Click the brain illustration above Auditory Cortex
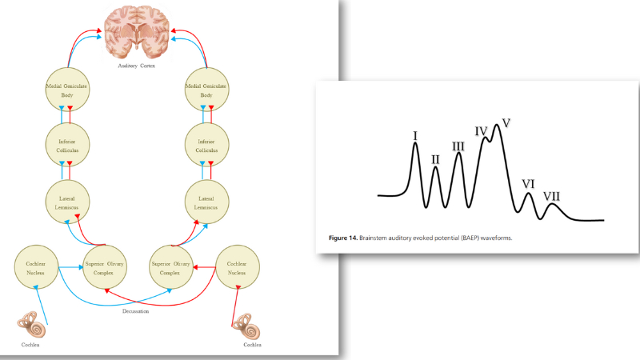(136, 32)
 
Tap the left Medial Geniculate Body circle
(67, 90)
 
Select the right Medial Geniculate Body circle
(206, 90)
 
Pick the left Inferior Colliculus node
(67, 145)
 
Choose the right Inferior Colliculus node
(206, 145)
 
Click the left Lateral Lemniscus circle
(67, 202)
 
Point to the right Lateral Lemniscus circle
(206, 202)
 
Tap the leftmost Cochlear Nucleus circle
(36, 267)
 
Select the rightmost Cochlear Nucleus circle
(237, 267)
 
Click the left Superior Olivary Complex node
(105, 267)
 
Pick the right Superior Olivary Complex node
(170, 267)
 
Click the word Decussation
(135, 311)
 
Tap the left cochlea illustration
(32, 324)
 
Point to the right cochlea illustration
(246, 326)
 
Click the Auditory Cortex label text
(136, 66)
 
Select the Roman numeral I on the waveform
(415, 136)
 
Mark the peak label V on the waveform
(506, 123)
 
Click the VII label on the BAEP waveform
(551, 197)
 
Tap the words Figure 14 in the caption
(343, 238)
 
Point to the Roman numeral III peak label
(458, 146)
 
